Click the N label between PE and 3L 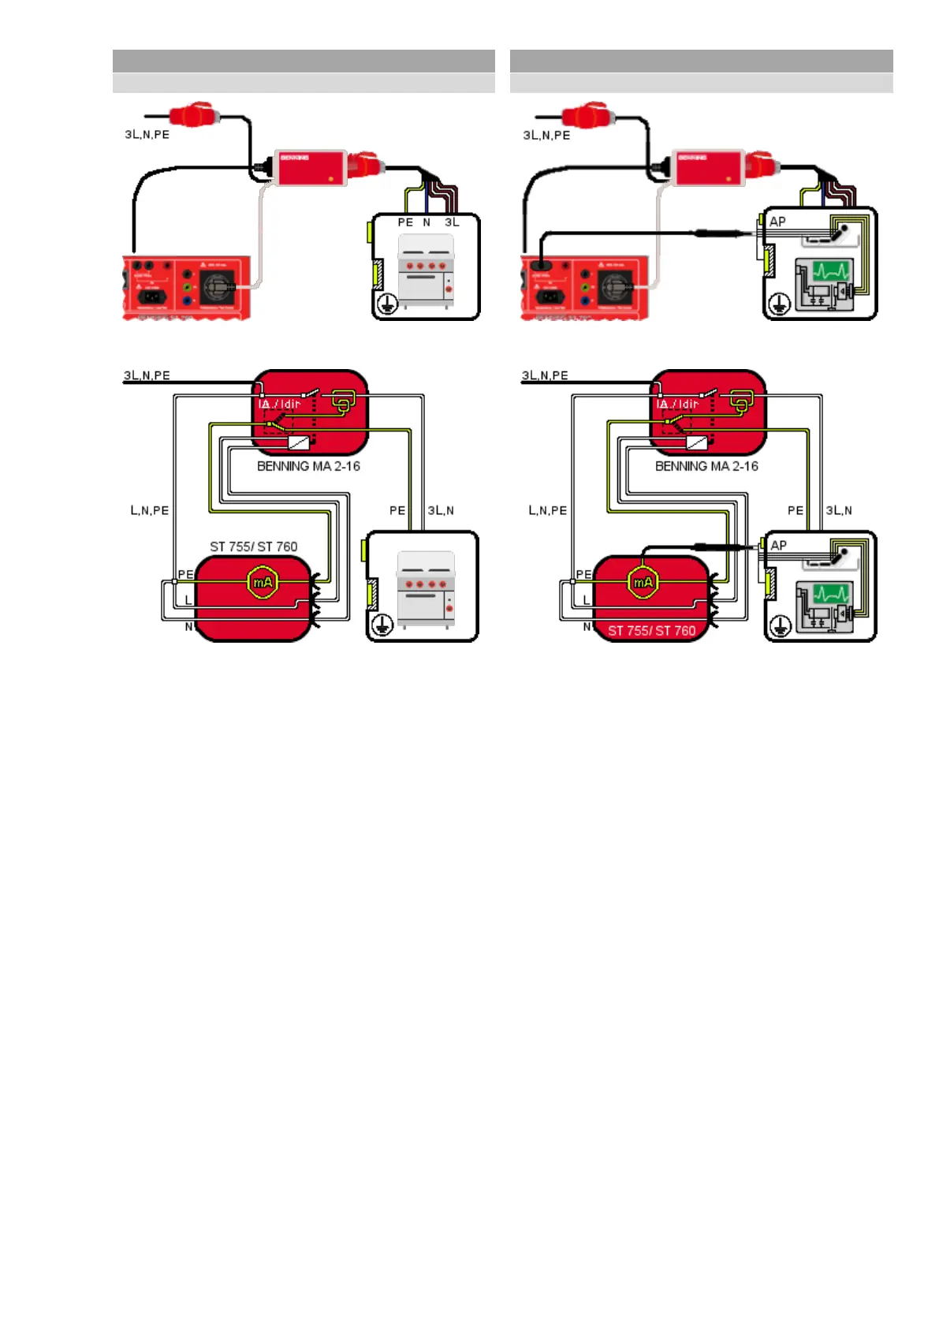click(x=427, y=222)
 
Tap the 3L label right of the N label click(x=452, y=222)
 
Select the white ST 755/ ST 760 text click(x=651, y=631)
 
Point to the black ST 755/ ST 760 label click(x=253, y=546)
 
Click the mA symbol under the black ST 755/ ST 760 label click(x=262, y=583)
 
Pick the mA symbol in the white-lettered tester click(x=643, y=583)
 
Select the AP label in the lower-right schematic click(x=778, y=545)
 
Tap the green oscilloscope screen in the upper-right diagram click(x=831, y=272)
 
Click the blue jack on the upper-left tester click(x=188, y=300)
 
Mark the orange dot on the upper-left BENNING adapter click(x=330, y=180)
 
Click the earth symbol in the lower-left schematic click(x=382, y=626)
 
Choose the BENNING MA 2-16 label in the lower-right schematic click(x=706, y=466)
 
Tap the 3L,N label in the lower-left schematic click(x=441, y=510)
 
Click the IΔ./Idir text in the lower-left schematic click(x=279, y=404)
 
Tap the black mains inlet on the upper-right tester click(x=551, y=297)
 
